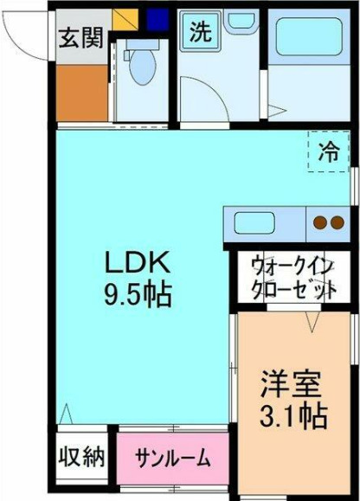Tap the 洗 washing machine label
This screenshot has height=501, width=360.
coord(200,33)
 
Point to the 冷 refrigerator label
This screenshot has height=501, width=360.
coord(329,152)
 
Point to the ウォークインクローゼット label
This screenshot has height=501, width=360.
coord(292,277)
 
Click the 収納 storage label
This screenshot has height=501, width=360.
coord(81,456)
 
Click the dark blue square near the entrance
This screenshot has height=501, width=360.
coord(157,18)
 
